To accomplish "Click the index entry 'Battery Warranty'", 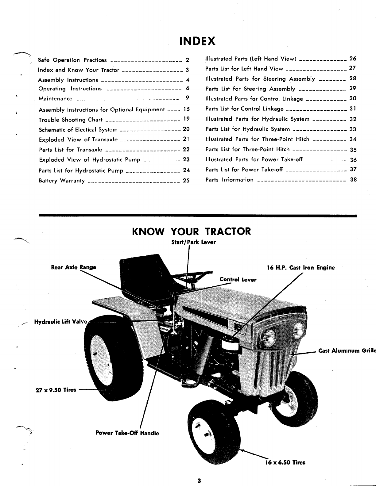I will [62, 181].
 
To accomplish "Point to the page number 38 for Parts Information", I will [353, 180].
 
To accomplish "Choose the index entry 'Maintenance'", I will [56, 99].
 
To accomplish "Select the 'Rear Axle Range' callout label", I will [73, 267].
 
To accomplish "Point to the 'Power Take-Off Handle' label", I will [127, 433].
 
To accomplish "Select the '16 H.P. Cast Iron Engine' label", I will [301, 268].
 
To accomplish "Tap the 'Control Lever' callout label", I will [238, 280].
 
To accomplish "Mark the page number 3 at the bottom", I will [199, 480].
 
